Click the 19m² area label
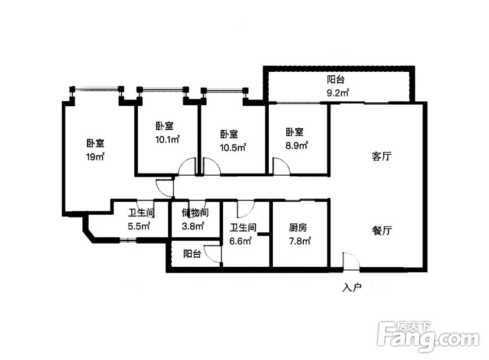coord(95,157)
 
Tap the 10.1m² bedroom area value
coord(168,139)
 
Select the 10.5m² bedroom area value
coord(233,147)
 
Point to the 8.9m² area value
coord(296,145)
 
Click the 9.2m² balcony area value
coord(338,93)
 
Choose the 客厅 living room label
coord(381,156)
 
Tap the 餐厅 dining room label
coord(382,231)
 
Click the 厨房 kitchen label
coord(298,228)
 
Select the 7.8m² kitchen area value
coord(300,241)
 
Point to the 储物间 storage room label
coord(195,212)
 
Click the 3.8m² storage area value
coord(193,225)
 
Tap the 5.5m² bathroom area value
coord(139,225)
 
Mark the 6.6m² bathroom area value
coord(241,241)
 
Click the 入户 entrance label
coord(351,288)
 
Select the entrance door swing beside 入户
coord(351,260)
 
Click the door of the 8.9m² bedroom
coord(282,166)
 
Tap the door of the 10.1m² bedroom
coord(187,166)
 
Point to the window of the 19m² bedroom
coord(96,90)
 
